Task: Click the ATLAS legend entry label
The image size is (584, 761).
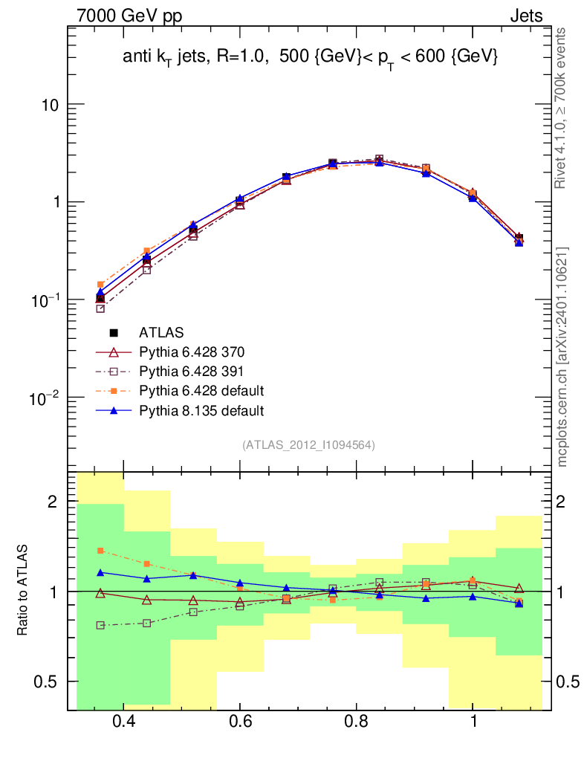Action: pyautogui.click(x=161, y=332)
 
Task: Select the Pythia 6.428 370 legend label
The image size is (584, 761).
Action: pyautogui.click(x=192, y=352)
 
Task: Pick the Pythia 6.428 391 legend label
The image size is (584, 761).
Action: pyautogui.click(x=191, y=372)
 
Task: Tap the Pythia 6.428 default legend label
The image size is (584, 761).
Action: pyautogui.click(x=201, y=391)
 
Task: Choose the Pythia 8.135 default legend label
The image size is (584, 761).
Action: pyautogui.click(x=201, y=410)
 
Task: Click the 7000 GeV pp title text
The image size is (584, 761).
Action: pyautogui.click(x=129, y=16)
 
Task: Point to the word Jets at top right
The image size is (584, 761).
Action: pyautogui.click(x=526, y=16)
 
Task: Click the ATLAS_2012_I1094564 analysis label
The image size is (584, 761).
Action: pyautogui.click(x=308, y=445)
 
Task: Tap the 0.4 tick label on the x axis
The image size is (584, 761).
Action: pyautogui.click(x=123, y=721)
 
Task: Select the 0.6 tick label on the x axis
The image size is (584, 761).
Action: pyautogui.click(x=240, y=721)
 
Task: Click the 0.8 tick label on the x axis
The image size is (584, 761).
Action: pyautogui.click(x=357, y=721)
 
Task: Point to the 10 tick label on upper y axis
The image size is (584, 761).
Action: pyautogui.click(x=50, y=105)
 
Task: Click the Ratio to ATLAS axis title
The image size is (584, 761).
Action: pyautogui.click(x=22, y=590)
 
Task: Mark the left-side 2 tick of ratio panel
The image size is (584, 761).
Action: pyautogui.click(x=53, y=502)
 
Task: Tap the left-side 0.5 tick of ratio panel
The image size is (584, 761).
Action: pyautogui.click(x=45, y=681)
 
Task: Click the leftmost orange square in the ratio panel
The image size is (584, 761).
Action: pyautogui.click(x=100, y=551)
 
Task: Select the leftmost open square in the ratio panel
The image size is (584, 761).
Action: pyautogui.click(x=100, y=625)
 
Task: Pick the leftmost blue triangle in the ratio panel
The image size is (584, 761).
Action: pyautogui.click(x=100, y=573)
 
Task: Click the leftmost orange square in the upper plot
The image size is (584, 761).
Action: pyautogui.click(x=100, y=285)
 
